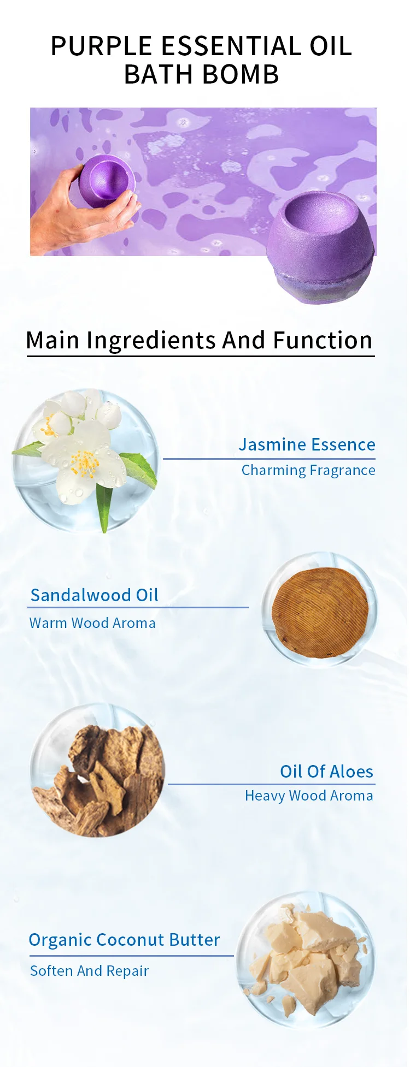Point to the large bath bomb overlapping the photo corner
[x=321, y=248]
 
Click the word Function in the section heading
[x=323, y=340]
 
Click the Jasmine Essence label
[x=307, y=444]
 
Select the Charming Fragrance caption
[x=308, y=470]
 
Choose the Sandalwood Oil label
[x=94, y=595]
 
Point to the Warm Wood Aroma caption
[x=92, y=623]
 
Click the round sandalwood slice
[x=320, y=612]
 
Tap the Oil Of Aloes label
[x=326, y=772]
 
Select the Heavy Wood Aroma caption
[x=309, y=796]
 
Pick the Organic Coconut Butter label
[x=124, y=940]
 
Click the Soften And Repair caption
[x=89, y=971]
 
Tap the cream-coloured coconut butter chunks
[x=309, y=961]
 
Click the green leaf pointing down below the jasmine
[x=103, y=505]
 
